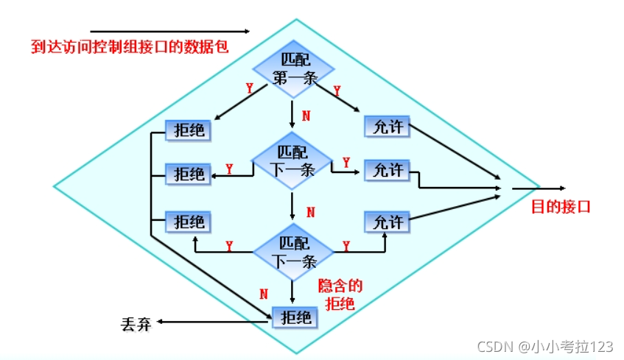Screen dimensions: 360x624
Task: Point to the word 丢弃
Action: click(x=136, y=322)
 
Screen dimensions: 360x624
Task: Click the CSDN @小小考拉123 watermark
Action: click(x=544, y=345)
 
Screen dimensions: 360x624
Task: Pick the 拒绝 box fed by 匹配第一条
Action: click(x=188, y=130)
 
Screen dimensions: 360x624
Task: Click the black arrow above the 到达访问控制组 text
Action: click(x=170, y=32)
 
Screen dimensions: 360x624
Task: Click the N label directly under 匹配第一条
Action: click(x=306, y=116)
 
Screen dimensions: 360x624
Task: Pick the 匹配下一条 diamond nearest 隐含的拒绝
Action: click(x=293, y=251)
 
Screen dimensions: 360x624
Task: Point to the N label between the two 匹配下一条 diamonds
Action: click(x=309, y=212)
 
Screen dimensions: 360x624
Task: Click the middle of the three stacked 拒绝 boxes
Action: click(x=188, y=174)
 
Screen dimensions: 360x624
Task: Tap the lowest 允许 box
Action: click(x=387, y=221)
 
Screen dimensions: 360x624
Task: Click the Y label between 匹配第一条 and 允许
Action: click(x=337, y=91)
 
